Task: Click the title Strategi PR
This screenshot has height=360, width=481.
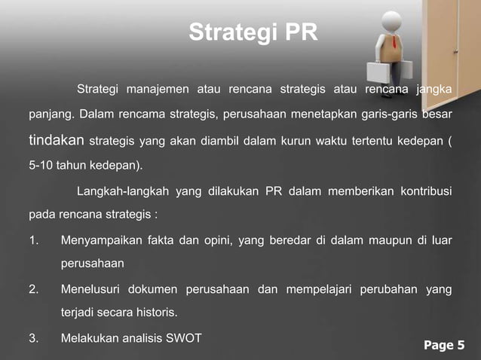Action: pos(253,33)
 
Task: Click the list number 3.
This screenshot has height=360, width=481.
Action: pos(33,338)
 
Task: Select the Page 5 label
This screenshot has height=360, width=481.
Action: pos(444,346)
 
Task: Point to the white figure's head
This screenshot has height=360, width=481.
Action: pos(392,20)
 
